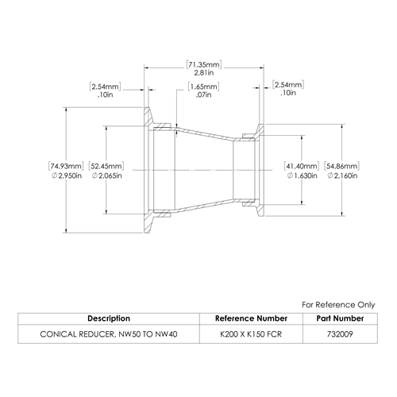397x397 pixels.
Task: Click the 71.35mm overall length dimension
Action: [x=204, y=64]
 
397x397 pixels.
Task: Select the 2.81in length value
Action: [x=204, y=73]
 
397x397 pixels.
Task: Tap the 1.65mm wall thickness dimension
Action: [x=203, y=87]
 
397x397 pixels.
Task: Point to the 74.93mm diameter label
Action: [x=66, y=166]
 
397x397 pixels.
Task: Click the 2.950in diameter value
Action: [x=67, y=175]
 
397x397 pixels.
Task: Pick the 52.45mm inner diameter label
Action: [x=106, y=166]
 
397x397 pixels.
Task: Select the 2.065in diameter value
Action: [x=106, y=175]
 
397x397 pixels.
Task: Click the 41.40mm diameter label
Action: [x=302, y=166]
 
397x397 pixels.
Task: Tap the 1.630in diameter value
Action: [x=302, y=175]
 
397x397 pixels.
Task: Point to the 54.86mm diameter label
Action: [x=341, y=166]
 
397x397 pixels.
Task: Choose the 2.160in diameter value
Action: [x=342, y=175]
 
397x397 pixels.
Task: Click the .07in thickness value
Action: [x=203, y=94]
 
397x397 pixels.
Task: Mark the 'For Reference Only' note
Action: [x=338, y=305]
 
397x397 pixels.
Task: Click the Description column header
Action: [x=109, y=318]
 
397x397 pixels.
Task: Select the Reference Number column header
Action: [x=251, y=318]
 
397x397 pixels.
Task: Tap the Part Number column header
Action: [x=340, y=318]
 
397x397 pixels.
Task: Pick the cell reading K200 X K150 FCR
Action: [x=251, y=334]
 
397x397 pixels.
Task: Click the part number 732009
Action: [x=340, y=334]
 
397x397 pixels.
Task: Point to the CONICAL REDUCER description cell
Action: [x=109, y=334]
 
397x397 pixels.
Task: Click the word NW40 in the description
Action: [x=166, y=334]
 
